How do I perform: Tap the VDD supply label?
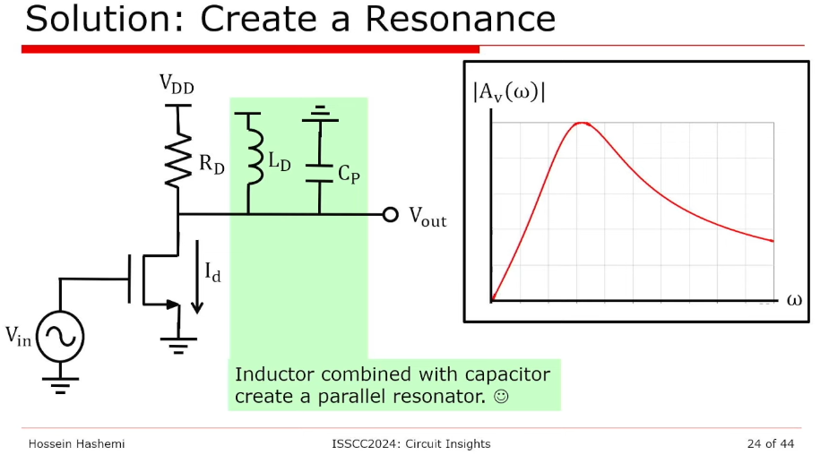(177, 84)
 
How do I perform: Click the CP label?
(349, 175)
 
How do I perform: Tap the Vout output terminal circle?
(390, 215)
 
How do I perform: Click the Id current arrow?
(197, 284)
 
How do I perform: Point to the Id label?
(213, 273)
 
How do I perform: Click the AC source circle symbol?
(61, 336)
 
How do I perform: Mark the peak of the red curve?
(583, 123)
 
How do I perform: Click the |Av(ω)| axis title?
(509, 92)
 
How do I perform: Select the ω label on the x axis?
(794, 299)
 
